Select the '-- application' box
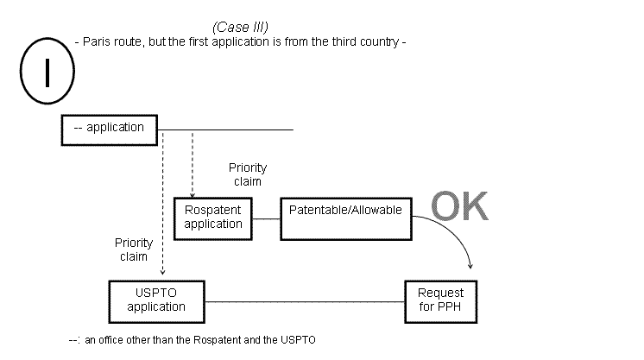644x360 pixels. point(109,128)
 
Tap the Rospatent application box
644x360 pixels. point(213,218)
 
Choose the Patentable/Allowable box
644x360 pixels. point(346,217)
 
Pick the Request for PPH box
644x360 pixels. point(440,300)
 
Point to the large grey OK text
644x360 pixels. point(459,208)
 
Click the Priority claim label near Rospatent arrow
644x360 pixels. point(248,174)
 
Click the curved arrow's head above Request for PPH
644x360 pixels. point(470,267)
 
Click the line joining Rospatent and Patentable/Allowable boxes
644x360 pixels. point(266,218)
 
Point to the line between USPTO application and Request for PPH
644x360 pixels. point(306,300)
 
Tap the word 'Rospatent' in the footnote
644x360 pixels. point(215,340)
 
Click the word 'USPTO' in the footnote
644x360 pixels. point(299,340)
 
